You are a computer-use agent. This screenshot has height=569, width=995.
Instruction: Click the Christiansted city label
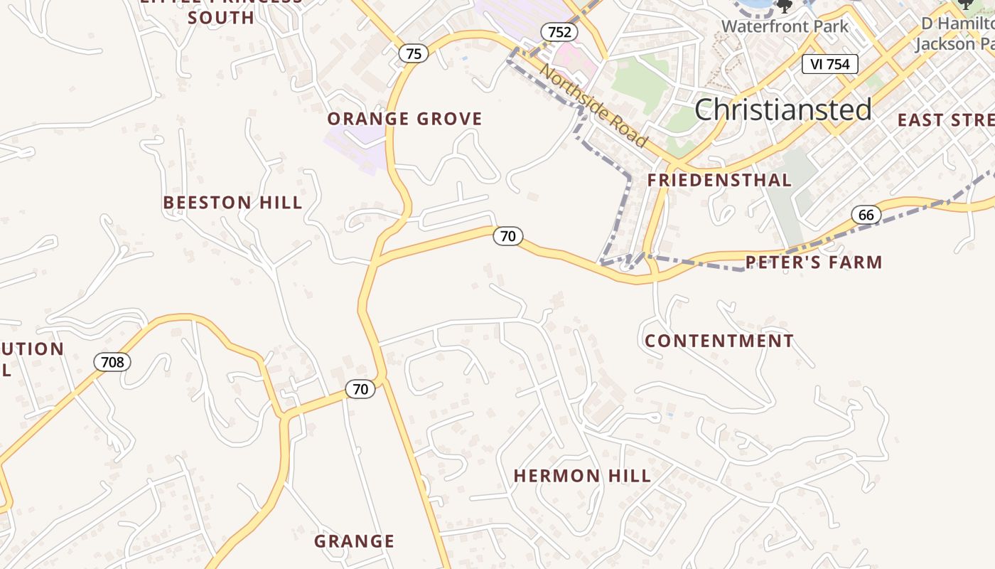point(782,110)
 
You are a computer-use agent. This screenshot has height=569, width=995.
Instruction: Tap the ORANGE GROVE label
point(404,119)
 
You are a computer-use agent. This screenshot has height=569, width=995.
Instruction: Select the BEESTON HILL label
point(232,203)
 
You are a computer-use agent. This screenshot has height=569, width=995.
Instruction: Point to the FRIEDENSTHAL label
point(719,181)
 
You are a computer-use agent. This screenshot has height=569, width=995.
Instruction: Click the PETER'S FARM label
point(814,262)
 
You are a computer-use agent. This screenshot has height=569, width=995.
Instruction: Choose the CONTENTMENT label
point(719,341)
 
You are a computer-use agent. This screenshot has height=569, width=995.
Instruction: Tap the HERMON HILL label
point(582,476)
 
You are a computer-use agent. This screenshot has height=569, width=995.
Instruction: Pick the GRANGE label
point(354,541)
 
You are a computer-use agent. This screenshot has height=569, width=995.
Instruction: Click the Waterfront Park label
point(785,27)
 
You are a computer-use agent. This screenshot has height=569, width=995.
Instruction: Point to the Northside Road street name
point(593,105)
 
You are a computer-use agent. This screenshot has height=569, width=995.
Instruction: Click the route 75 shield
point(414,53)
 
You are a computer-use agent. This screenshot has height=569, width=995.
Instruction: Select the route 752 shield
point(559,32)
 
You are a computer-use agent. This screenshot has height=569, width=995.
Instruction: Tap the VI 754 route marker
point(830,64)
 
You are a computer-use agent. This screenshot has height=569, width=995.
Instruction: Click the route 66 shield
point(866,215)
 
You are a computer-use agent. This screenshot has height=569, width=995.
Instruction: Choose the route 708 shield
point(112,363)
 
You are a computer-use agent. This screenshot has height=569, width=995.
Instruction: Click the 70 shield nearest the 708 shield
point(360,389)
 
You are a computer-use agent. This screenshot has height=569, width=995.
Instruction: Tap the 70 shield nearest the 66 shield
point(507,236)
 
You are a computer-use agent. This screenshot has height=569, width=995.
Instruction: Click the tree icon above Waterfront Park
point(784,6)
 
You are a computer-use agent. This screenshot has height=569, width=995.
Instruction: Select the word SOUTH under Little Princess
point(221,18)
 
